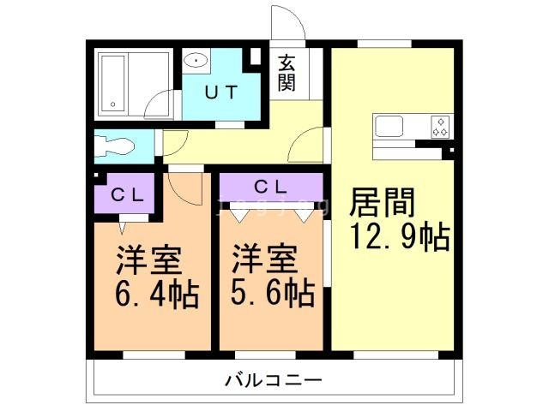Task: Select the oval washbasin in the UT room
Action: (x=197, y=60)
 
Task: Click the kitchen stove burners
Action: (x=441, y=126)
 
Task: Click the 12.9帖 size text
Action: (x=399, y=237)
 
